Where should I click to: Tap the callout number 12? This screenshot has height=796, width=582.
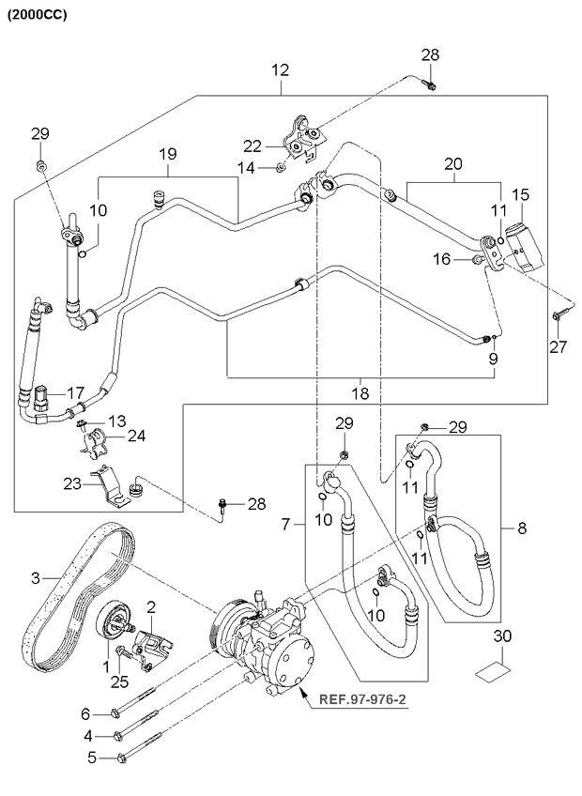[281, 70]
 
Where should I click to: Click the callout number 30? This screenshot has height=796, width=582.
[503, 636]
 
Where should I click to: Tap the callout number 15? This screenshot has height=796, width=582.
[520, 195]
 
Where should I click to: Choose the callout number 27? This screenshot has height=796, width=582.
[560, 348]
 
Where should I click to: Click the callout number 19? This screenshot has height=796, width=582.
[168, 154]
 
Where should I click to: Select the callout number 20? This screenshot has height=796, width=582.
[453, 162]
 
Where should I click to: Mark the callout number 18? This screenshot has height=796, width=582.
[360, 392]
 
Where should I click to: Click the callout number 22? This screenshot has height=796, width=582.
[252, 145]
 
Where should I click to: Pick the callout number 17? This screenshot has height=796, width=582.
[76, 392]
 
